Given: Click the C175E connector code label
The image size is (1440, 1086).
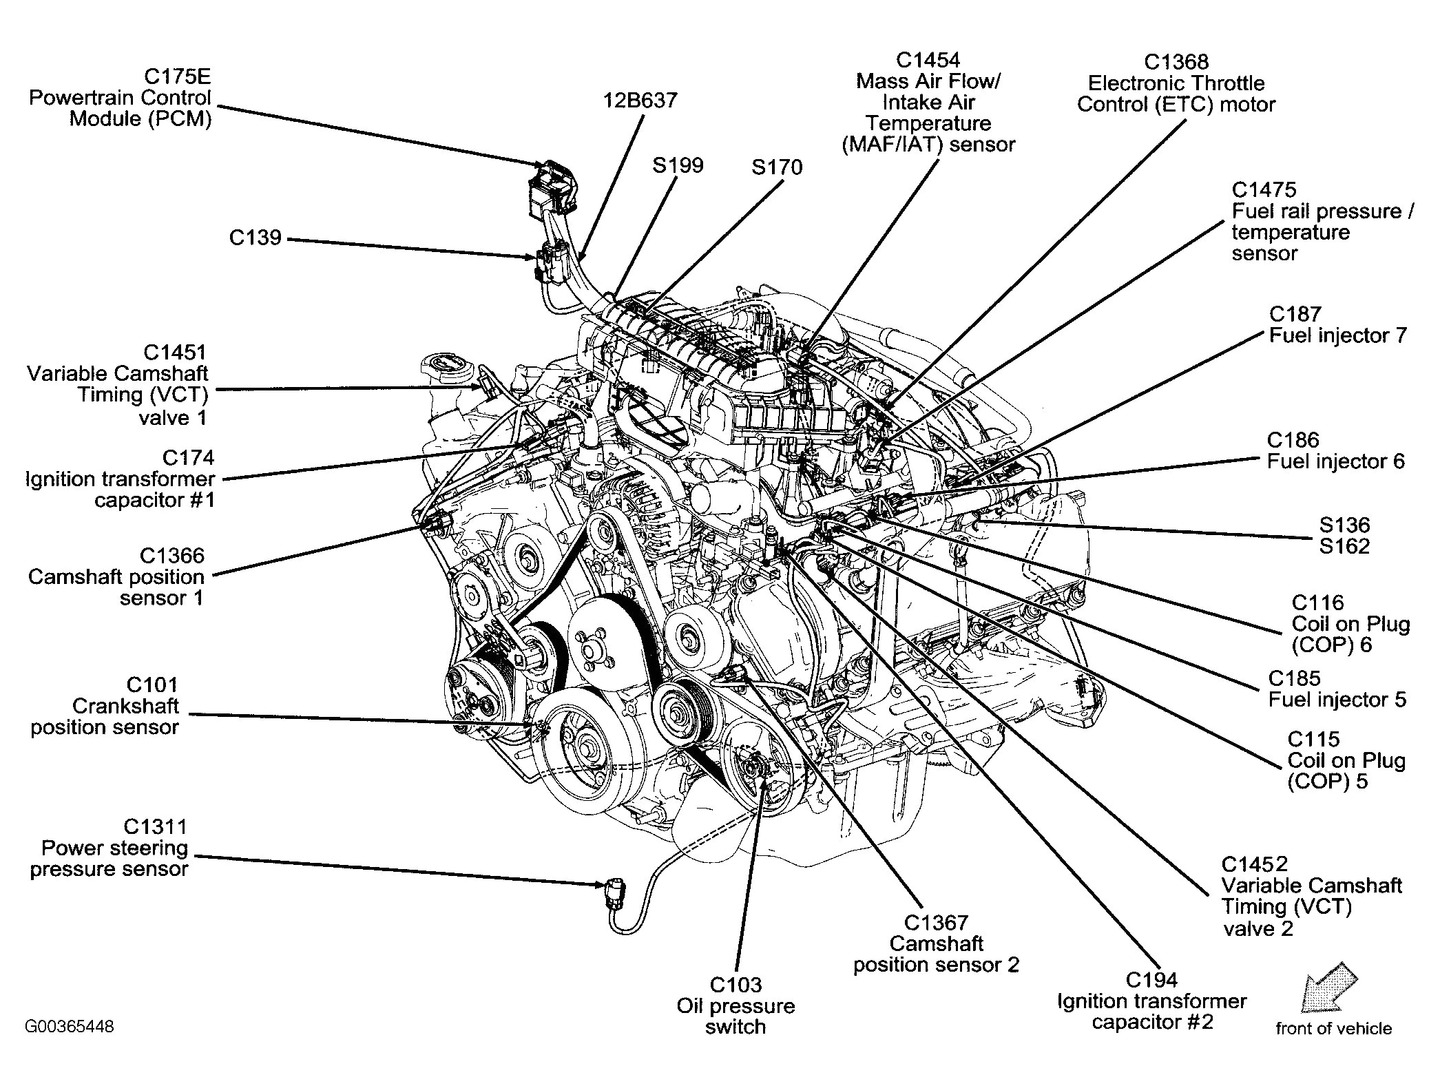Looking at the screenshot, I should pos(176,76).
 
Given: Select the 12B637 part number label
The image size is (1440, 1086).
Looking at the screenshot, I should pos(640,101).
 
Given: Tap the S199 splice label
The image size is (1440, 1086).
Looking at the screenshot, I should pos(678,165).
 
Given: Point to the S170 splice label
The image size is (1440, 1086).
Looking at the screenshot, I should pos(776,167).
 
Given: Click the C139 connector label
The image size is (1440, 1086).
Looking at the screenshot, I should pos(255,238).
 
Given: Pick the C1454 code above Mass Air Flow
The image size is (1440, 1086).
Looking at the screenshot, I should pos(927,60).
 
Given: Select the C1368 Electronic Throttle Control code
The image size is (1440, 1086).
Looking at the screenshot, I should pos(1176,62).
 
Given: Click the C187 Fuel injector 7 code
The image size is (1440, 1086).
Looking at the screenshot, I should pos(1295,314).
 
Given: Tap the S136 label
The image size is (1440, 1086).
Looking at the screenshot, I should pos(1344,525).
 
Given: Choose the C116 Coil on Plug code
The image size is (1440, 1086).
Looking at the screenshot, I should pos(1317,603).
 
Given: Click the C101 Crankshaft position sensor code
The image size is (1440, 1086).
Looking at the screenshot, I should pos(152,685).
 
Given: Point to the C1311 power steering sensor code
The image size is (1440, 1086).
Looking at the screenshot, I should pos(155,826).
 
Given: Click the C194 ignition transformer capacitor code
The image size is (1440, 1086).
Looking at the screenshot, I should pos(1151,979).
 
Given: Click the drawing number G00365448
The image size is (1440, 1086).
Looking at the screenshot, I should pos(70,1027).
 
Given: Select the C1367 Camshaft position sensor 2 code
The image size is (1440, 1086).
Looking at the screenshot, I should pos(936,922).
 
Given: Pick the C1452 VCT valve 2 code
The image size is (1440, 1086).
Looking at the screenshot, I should pos(1255,864).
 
